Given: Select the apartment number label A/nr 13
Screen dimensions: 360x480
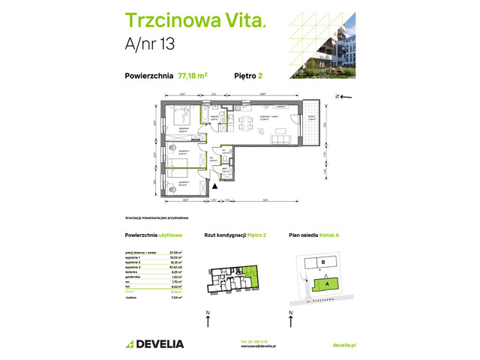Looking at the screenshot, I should (x=150, y=46).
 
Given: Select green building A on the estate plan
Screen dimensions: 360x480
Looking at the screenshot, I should (x=328, y=283).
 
